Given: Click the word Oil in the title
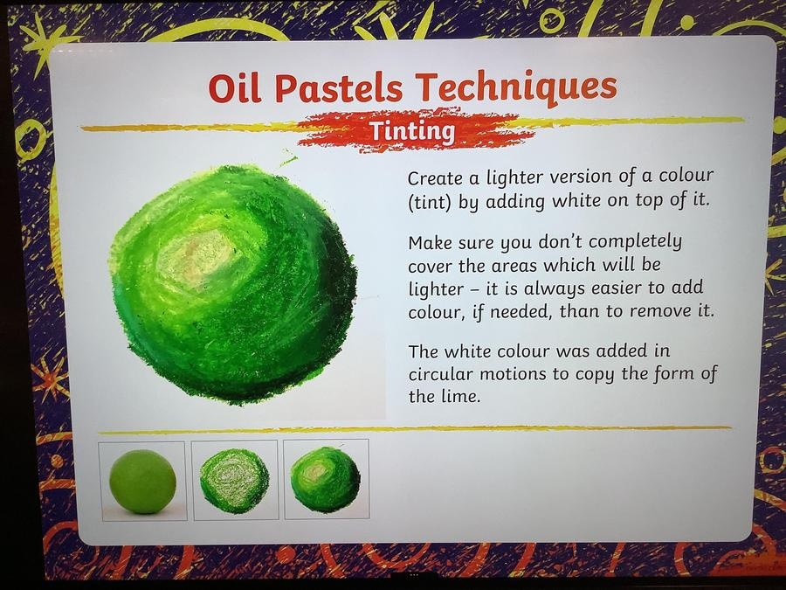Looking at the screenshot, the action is coord(234,87).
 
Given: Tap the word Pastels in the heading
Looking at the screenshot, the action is coord(339,87).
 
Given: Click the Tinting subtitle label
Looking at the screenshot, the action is coord(412,131).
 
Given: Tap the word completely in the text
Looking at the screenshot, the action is coord(635,242).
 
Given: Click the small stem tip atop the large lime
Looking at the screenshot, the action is coord(287,160).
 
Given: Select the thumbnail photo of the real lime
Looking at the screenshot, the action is coord(143,481).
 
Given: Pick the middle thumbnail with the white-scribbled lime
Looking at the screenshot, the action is coord(235,480).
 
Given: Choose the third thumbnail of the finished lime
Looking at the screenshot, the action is coord(327,479).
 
